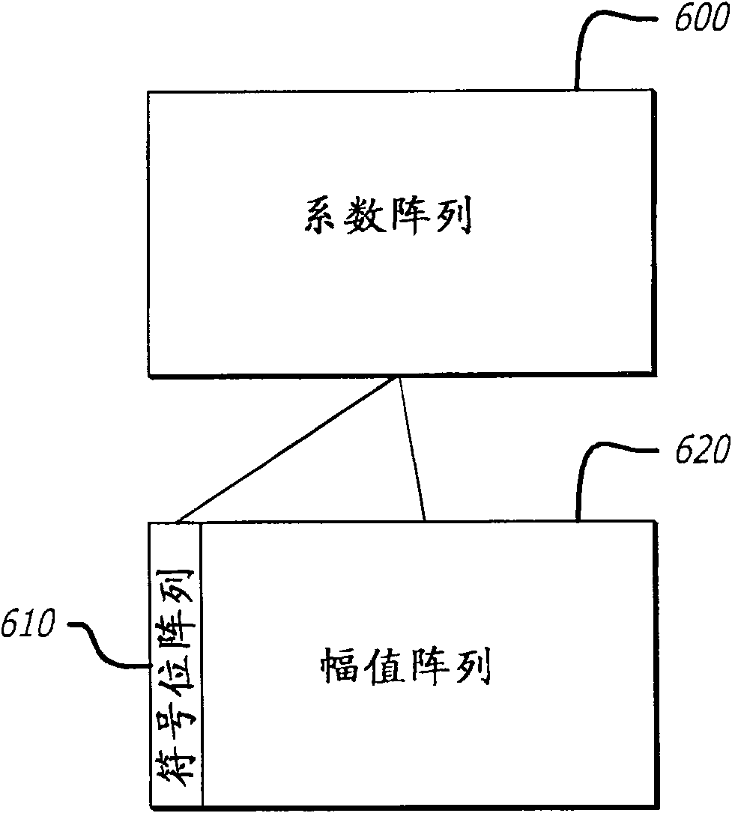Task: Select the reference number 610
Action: click(28, 624)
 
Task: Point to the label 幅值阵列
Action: click(405, 666)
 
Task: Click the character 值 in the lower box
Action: click(383, 666)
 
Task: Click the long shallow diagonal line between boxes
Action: click(285, 449)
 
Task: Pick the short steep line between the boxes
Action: click(413, 449)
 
